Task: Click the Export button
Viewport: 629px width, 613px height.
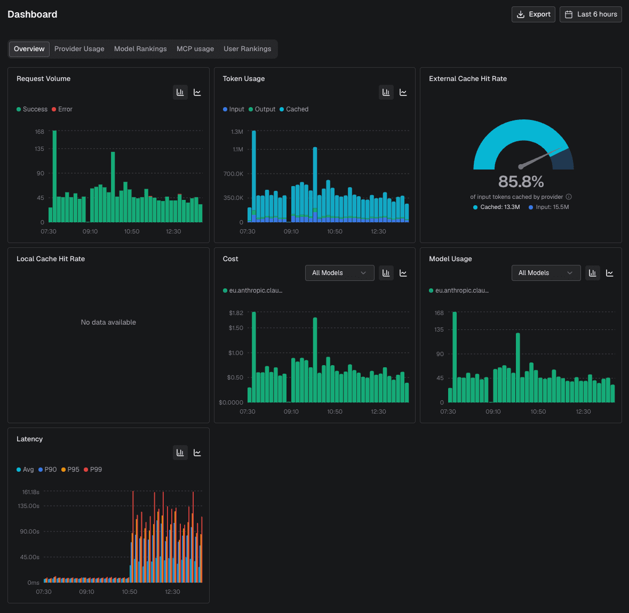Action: [533, 14]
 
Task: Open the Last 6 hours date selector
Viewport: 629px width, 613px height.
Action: [591, 14]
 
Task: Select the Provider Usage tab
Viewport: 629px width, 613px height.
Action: [79, 49]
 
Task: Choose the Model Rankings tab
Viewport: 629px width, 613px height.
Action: [140, 49]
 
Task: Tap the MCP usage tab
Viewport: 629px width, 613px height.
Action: [195, 49]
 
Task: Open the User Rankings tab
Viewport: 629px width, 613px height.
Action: [248, 49]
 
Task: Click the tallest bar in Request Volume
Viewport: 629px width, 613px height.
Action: [54, 176]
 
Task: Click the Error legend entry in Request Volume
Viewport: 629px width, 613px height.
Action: [62, 109]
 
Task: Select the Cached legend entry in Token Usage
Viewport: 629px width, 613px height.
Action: [294, 109]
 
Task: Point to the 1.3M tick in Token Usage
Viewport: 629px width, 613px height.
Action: [237, 132]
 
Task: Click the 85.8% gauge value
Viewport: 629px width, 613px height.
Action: [521, 182]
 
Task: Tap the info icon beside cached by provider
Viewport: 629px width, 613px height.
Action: [568, 197]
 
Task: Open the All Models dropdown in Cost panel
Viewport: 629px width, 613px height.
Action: [339, 273]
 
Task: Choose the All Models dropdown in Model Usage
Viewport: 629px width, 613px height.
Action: [546, 273]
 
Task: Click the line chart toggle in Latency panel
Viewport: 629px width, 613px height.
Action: [197, 453]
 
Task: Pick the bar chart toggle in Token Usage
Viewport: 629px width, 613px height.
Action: [386, 93]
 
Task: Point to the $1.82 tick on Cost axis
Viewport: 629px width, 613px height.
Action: [236, 313]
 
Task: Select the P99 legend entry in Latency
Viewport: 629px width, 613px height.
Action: [93, 470]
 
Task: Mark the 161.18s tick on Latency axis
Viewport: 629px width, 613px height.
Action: [30, 492]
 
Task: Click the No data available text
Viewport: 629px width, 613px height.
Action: [108, 322]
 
